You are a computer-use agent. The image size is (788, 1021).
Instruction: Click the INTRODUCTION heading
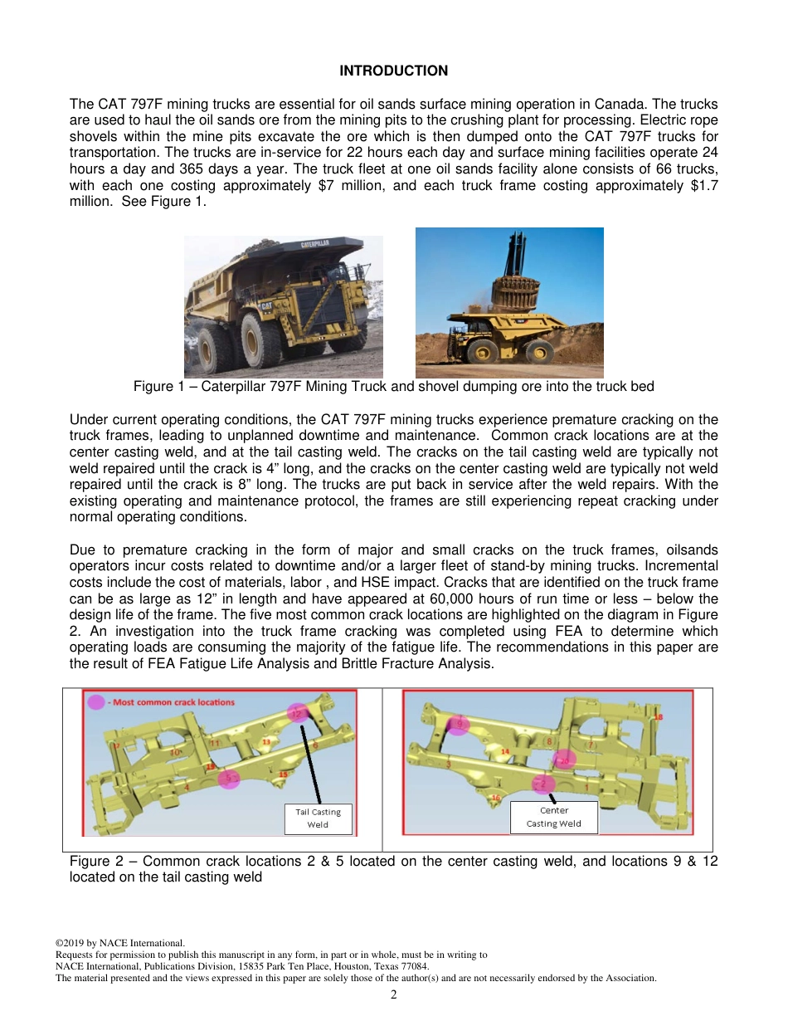point(393,71)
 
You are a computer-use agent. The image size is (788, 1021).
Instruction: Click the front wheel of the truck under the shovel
point(482,351)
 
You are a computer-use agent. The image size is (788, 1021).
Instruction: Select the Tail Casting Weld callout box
point(318,818)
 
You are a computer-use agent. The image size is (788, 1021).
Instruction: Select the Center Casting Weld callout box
point(553,817)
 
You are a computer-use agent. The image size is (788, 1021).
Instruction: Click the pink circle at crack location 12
point(298,713)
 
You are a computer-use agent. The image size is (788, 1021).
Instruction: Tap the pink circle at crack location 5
point(229,778)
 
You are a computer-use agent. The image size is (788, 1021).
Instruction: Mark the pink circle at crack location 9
point(459,724)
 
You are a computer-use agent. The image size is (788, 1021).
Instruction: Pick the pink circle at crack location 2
point(543,783)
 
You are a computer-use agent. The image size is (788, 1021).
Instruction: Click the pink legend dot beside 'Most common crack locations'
point(96,701)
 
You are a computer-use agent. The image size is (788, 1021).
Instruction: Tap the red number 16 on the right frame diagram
point(496,798)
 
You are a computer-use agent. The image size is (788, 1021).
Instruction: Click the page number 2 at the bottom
point(393,994)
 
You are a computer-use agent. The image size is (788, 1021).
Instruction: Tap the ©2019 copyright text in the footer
point(75,944)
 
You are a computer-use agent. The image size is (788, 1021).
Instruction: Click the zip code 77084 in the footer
point(415,967)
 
